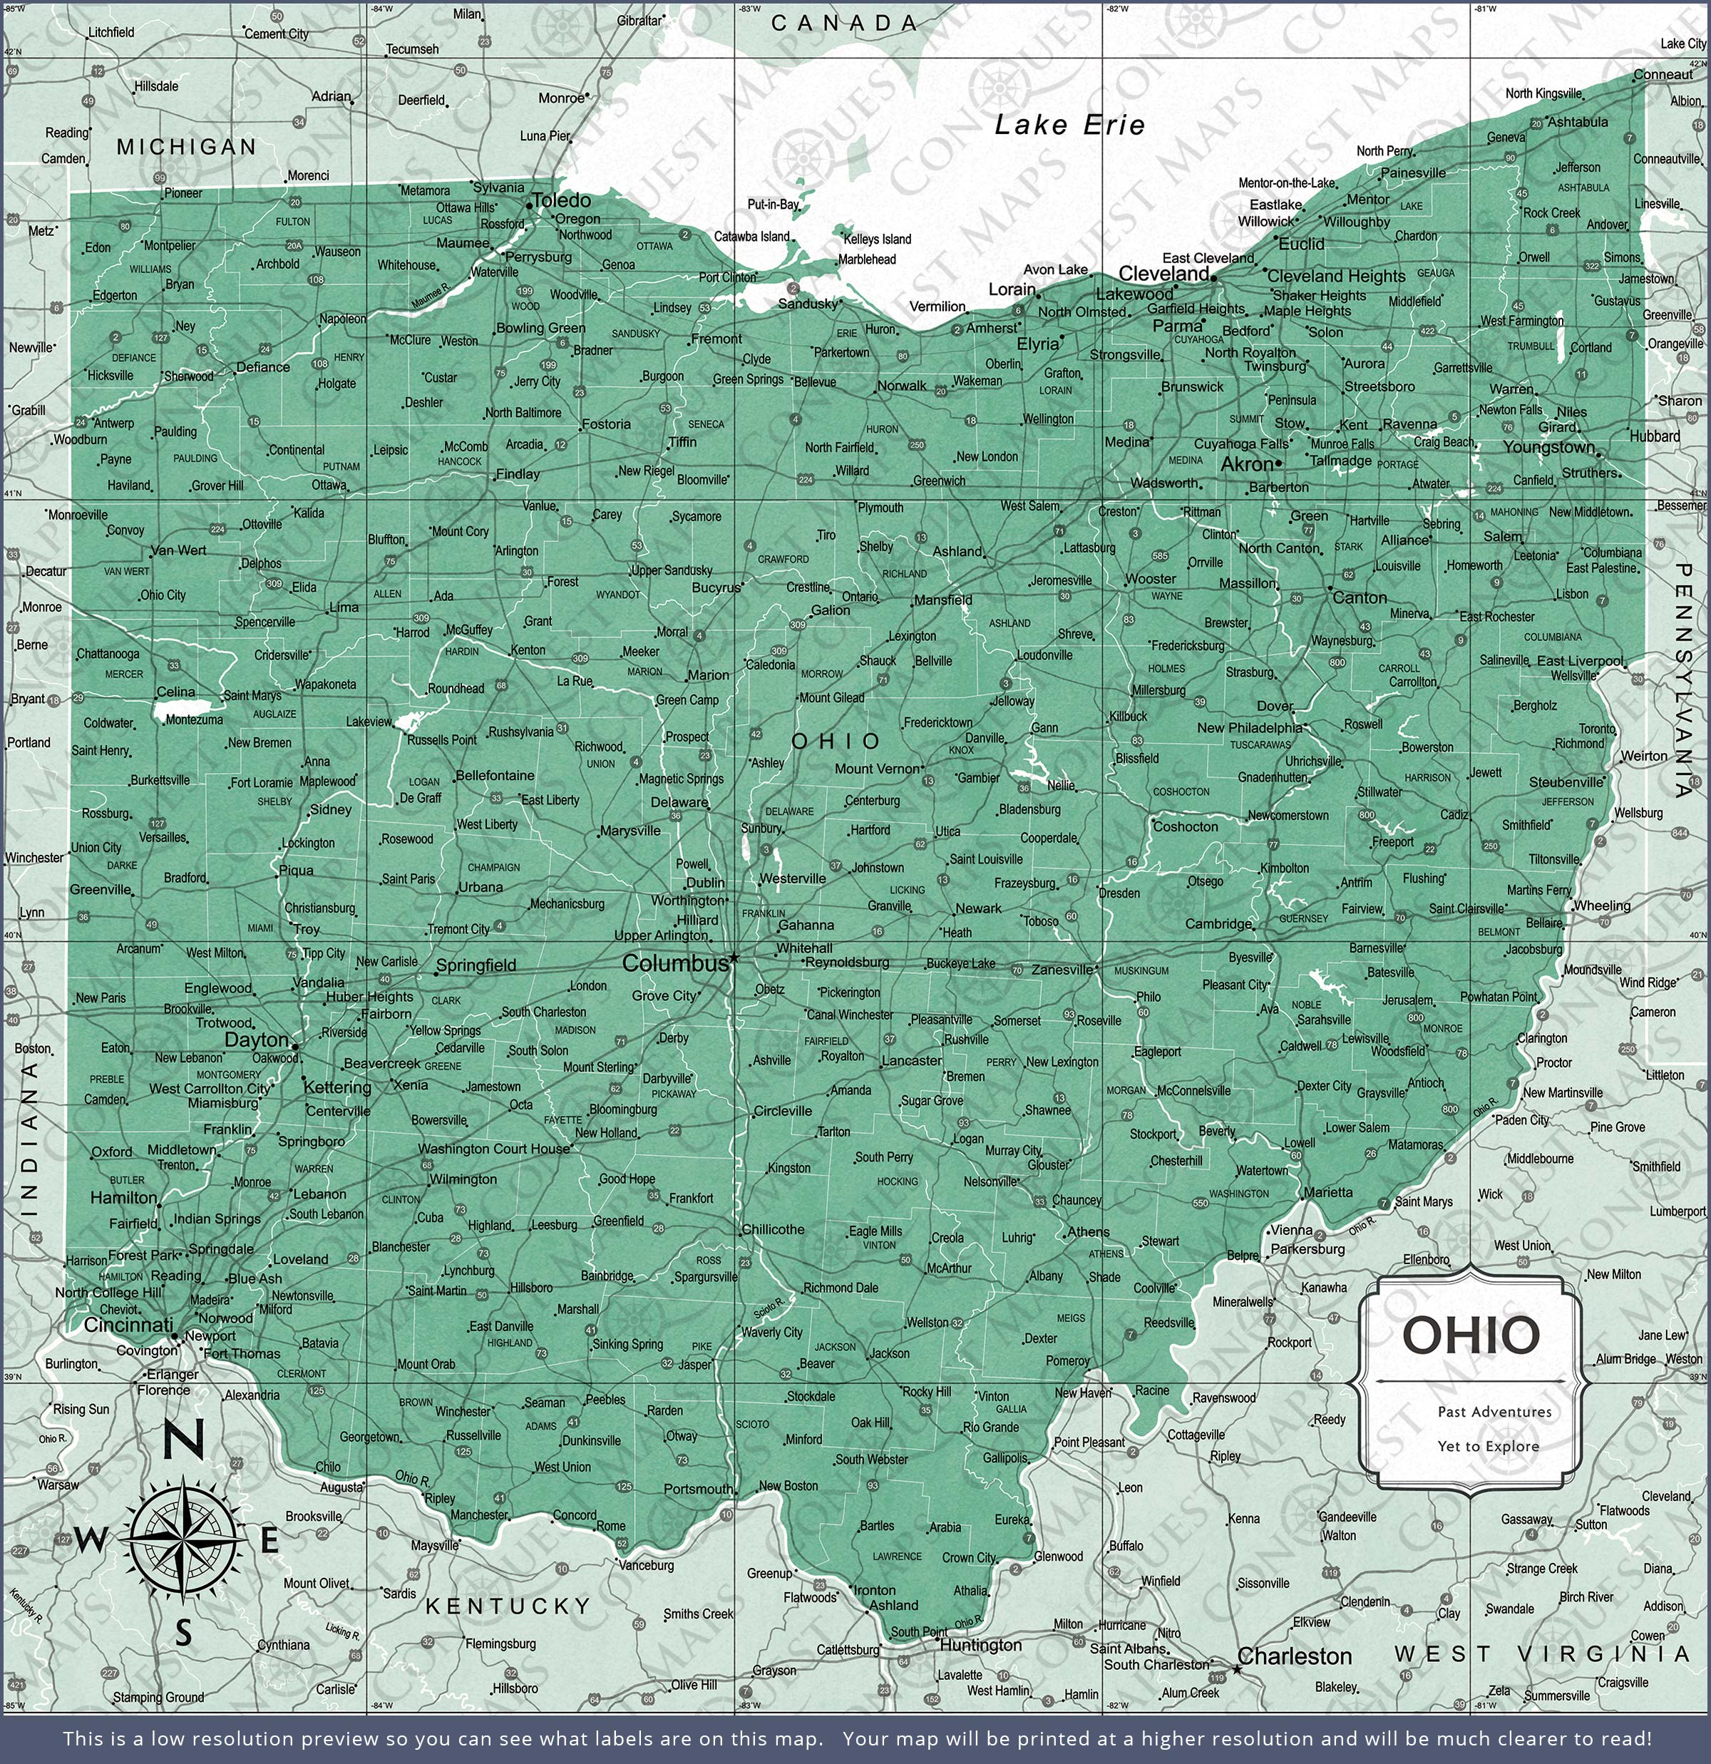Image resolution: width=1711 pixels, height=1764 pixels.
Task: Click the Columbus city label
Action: pyautogui.click(x=675, y=963)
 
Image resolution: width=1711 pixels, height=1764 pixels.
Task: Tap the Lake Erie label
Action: pyautogui.click(x=1069, y=125)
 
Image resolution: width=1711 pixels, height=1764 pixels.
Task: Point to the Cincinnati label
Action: pyautogui.click(x=129, y=1325)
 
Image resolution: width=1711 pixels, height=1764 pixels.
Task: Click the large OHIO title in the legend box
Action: pyautogui.click(x=1471, y=1335)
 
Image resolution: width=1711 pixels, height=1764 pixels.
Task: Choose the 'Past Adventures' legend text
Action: pyautogui.click(x=1494, y=1412)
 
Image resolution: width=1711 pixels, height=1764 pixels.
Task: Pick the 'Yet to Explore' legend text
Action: pyautogui.click(x=1488, y=1446)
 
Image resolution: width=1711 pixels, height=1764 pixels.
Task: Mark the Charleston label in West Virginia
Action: pyautogui.click(x=1294, y=1656)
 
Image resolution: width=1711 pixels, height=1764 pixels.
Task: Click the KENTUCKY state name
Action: pyautogui.click(x=508, y=1606)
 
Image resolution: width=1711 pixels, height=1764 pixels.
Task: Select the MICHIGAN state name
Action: pyautogui.click(x=186, y=147)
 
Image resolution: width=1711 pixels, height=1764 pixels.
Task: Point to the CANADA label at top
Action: pyautogui.click(x=844, y=24)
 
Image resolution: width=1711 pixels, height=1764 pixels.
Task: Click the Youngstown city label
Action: pyautogui.click(x=1548, y=447)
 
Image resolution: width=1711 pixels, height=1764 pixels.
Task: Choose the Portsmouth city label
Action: pyautogui.click(x=699, y=1489)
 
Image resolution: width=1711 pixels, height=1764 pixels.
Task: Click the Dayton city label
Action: pyautogui.click(x=257, y=1040)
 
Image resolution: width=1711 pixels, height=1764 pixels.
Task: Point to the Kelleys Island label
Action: pyautogui.click(x=877, y=240)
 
